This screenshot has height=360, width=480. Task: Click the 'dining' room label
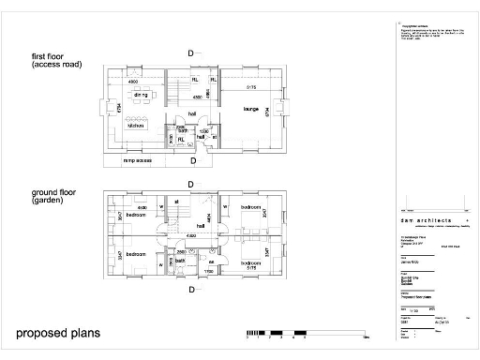142,96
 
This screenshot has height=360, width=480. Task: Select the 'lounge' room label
251,110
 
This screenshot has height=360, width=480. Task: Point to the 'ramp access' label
139,160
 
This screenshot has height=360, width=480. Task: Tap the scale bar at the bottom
277,333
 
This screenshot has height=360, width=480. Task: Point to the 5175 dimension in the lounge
250,87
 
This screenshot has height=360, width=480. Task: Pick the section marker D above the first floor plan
191,53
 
